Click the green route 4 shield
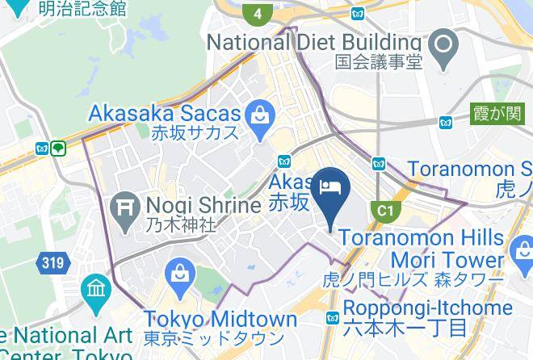258,14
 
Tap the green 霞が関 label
497,115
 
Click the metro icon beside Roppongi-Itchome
331,317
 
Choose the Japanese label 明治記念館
83,9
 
